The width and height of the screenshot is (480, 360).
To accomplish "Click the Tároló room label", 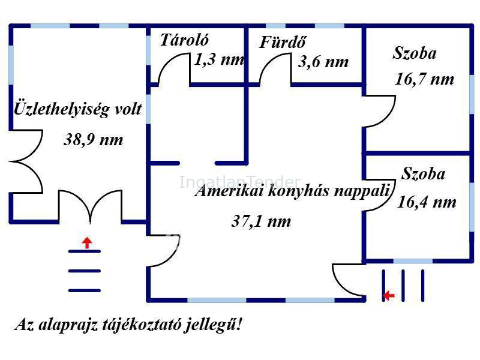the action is coord(184,40).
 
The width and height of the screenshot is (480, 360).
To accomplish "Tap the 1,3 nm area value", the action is coord(219,59).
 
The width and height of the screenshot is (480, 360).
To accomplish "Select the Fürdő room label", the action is coord(283,42).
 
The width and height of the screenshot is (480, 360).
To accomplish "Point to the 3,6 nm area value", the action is coord(323,62).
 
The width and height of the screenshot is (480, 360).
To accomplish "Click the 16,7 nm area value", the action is coord(424,79).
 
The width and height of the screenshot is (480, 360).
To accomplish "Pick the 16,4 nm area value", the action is coord(427,202).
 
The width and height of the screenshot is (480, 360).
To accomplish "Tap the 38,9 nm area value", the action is coord(94,140).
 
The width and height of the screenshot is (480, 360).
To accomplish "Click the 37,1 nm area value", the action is coord(261,221).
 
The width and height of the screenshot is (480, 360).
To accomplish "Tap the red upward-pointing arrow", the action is coord(87,242).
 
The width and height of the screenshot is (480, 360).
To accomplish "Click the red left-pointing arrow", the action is coord(389,295).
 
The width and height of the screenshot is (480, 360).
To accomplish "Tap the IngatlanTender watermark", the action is coord(240,182).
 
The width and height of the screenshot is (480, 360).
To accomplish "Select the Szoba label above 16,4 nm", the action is coord(423,173).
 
